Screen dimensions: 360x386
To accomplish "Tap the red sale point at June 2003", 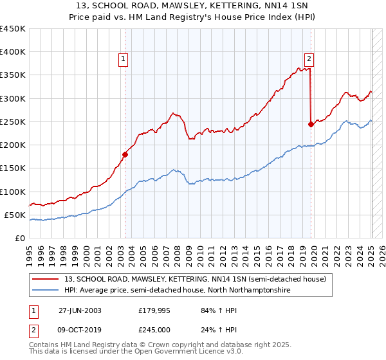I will click(125, 154).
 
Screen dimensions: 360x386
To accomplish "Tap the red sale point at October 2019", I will click(311, 125).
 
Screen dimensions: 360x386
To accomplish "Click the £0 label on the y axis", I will click(21, 238).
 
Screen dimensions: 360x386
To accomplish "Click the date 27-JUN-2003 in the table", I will click(80, 310).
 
